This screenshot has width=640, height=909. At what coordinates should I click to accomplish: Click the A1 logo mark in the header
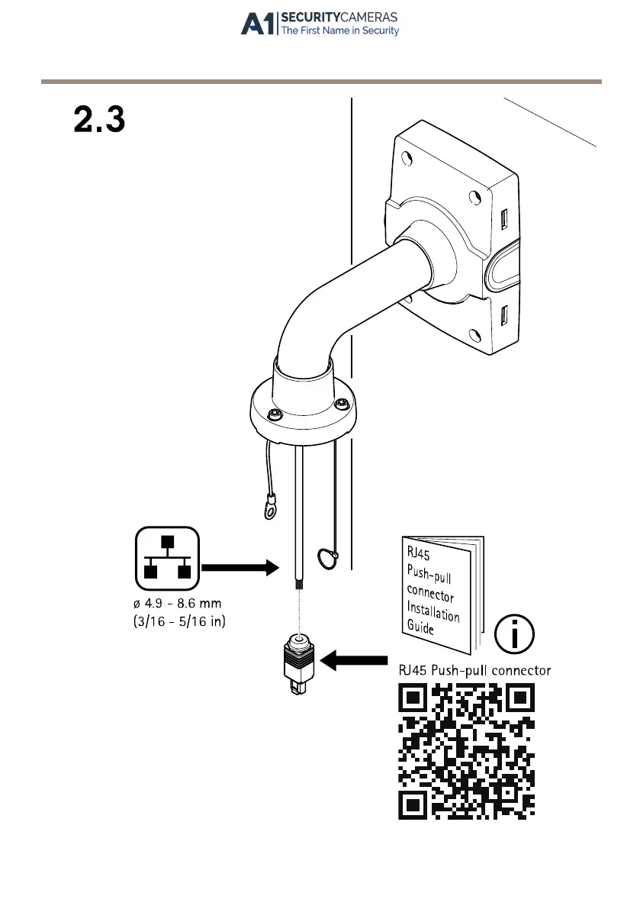[x=259, y=24]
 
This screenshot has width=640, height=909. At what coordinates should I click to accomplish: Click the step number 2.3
[x=99, y=120]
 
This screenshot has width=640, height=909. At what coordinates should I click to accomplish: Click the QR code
[x=466, y=751]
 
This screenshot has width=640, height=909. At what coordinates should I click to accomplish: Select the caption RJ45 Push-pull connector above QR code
[x=475, y=670]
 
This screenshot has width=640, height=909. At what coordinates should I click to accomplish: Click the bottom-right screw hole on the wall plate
[x=475, y=335]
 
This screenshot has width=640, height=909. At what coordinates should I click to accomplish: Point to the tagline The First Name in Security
[x=340, y=31]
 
